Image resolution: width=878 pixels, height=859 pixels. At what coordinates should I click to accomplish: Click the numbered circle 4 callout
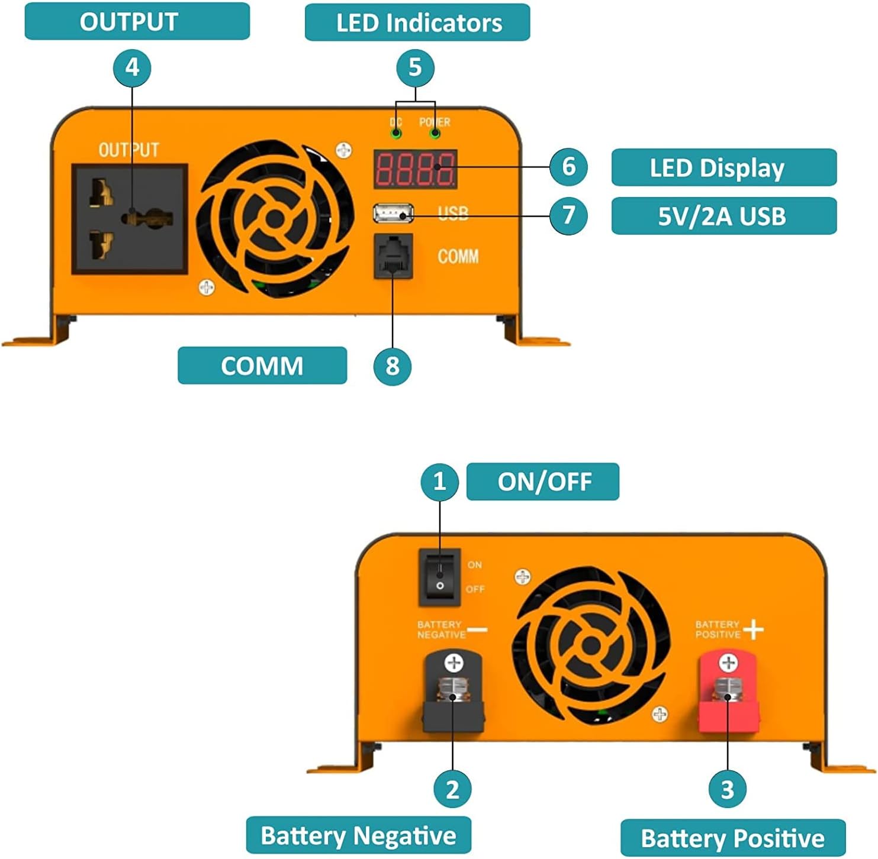132,67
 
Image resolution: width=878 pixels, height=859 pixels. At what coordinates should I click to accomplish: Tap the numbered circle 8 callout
392,366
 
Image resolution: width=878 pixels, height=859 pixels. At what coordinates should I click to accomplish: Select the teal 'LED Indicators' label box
417,22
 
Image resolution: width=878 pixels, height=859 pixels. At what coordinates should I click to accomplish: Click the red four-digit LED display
415,169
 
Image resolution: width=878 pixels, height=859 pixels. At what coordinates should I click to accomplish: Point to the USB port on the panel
393,212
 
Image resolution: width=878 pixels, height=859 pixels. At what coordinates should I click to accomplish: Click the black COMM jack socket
393,256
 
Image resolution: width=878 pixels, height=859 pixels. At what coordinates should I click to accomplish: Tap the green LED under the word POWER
435,133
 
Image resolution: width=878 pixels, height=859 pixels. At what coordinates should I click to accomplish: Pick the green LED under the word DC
395,133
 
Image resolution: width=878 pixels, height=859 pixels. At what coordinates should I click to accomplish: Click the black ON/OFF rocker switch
439,576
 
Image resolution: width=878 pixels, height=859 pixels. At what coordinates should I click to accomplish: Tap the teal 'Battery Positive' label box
733,838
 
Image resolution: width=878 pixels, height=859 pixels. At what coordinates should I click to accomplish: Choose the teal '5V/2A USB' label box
723,216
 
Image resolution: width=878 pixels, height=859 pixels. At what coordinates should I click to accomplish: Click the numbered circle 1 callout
439,482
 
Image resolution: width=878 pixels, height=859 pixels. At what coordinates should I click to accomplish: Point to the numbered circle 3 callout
728,789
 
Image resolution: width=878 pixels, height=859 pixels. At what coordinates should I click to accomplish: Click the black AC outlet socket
130,219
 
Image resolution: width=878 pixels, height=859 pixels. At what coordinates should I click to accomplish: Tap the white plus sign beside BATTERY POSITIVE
754,629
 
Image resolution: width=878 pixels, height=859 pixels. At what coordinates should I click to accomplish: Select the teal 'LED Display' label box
723,167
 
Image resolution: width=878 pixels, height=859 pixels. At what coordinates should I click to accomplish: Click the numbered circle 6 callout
568,166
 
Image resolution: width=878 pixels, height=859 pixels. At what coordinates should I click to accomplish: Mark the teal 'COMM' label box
262,366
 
